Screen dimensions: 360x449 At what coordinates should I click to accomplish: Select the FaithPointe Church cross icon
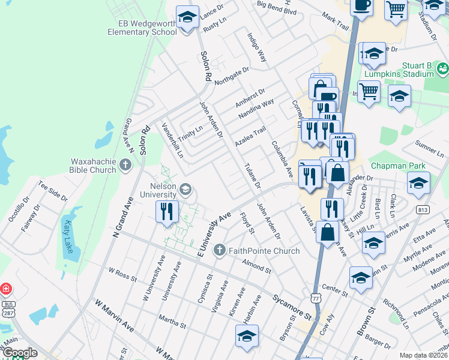click(x=220, y=250)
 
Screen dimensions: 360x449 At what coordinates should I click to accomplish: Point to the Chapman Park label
click(x=397, y=166)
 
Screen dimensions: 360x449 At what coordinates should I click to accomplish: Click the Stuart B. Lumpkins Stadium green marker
click(x=443, y=68)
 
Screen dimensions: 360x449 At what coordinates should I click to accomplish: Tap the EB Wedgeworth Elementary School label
click(x=139, y=28)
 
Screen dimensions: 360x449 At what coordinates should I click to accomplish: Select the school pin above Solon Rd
click(x=187, y=16)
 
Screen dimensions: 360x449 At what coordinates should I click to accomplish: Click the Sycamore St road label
click(x=292, y=305)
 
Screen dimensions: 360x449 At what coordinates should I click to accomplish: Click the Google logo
click(x=19, y=353)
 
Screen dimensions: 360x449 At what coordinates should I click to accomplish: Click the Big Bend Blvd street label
click(x=277, y=11)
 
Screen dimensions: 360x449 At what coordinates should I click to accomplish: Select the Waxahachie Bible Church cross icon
click(x=125, y=164)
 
